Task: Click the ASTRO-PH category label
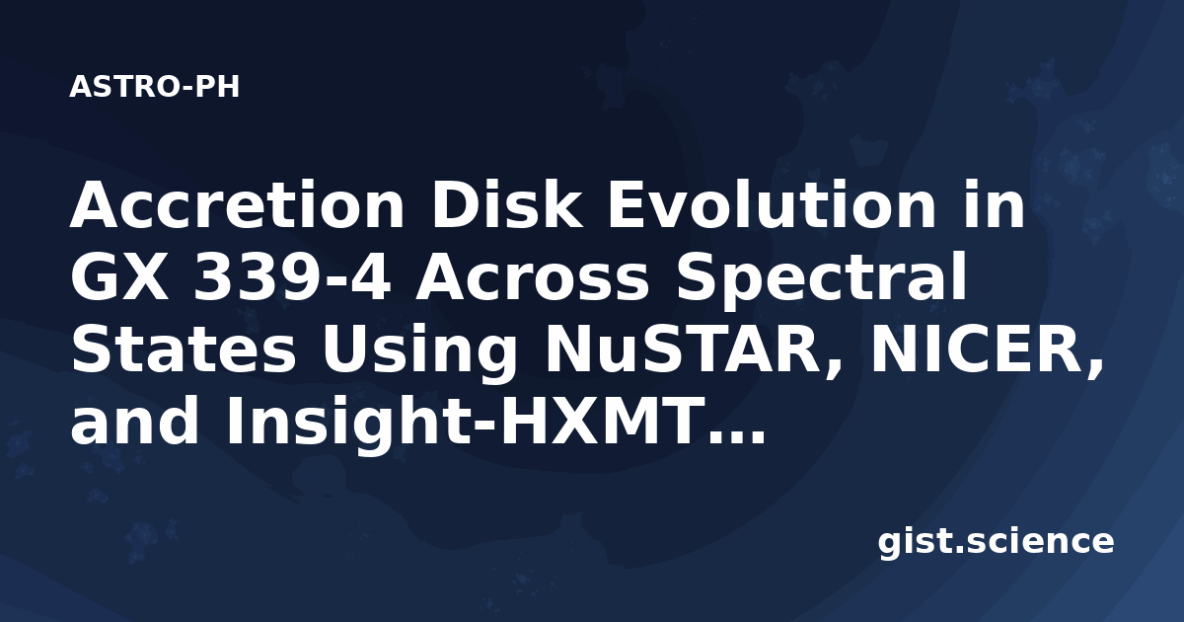154,87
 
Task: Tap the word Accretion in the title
237,205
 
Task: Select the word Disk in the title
507,204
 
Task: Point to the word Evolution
773,204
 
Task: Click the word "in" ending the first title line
994,204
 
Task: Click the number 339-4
292,277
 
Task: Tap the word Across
532,277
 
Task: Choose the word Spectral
822,275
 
